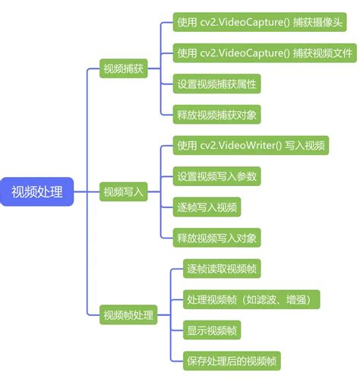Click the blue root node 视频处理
click(x=37, y=191)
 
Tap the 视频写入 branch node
click(x=123, y=192)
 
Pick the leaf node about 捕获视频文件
click(x=264, y=53)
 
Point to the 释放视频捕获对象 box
click(x=217, y=115)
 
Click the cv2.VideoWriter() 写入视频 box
click(x=251, y=146)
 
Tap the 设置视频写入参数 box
click(x=217, y=176)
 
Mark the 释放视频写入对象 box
click(x=217, y=237)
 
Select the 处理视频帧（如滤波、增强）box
click(x=251, y=299)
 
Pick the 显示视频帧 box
click(x=213, y=330)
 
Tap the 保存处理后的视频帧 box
click(x=232, y=360)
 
